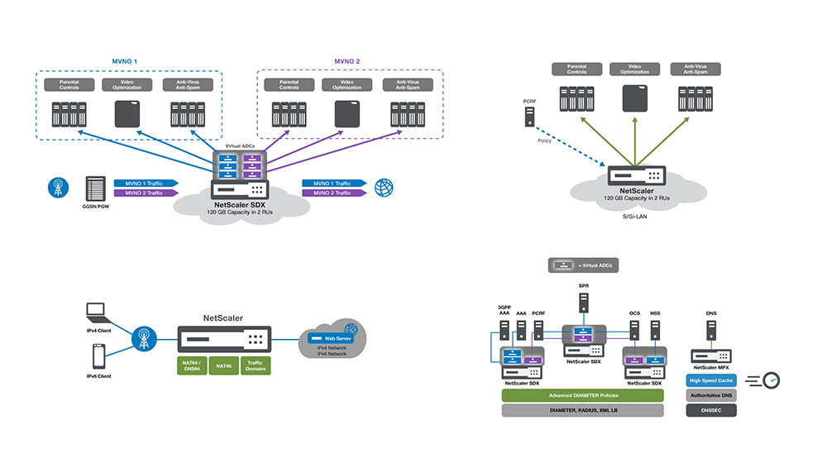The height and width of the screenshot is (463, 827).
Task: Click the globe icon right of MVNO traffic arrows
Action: point(383,187)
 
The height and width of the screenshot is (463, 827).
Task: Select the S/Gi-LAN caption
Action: point(636,216)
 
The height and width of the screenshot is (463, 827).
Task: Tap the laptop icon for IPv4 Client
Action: point(98,313)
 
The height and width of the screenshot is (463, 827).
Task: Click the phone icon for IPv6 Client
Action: point(98,356)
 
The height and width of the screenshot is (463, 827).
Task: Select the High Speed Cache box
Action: point(710,381)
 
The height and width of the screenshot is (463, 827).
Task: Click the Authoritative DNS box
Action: point(710,396)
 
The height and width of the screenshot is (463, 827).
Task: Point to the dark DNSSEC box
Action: point(710,411)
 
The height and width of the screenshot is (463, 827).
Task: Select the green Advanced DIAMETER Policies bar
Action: point(583,396)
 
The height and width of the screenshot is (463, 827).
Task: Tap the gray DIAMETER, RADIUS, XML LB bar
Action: point(583,411)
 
